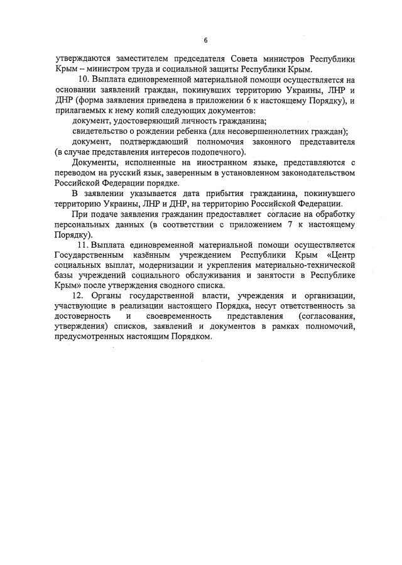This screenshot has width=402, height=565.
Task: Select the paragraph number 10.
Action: (83, 80)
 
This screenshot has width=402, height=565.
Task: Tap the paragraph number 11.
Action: (82, 244)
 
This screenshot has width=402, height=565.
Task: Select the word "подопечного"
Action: (215, 152)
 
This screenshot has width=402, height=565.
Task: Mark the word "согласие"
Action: (280, 214)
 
